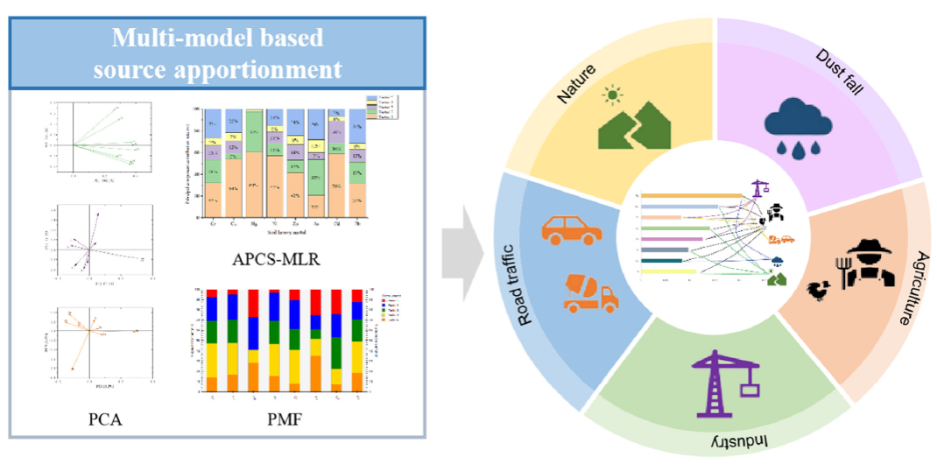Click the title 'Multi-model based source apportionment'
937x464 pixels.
click(x=218, y=53)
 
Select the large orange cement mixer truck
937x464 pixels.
click(x=590, y=292)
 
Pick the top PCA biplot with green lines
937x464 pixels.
click(x=99, y=135)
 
